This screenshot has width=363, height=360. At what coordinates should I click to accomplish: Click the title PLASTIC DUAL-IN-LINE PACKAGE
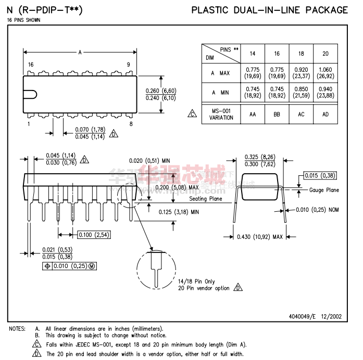(270, 10)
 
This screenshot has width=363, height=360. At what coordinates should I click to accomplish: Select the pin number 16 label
(31, 65)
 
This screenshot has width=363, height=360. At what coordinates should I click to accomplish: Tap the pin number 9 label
(128, 65)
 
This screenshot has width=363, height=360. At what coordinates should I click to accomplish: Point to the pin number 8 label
(131, 124)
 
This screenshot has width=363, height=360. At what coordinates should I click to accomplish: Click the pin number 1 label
(29, 124)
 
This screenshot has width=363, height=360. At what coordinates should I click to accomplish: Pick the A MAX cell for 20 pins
(325, 73)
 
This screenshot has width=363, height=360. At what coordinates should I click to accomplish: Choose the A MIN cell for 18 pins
(301, 93)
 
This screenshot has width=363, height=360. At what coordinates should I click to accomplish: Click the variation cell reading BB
(277, 114)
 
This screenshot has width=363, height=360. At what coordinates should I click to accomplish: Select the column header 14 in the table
(252, 54)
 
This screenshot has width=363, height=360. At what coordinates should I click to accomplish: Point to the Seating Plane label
(205, 199)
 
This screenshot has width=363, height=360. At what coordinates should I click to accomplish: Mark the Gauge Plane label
(324, 190)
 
